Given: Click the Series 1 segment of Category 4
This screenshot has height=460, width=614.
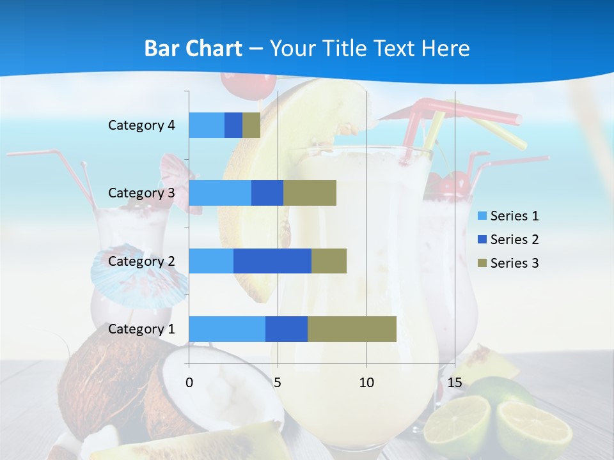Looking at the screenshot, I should click(x=207, y=125).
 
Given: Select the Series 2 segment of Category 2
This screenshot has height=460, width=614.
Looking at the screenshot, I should click(x=272, y=261).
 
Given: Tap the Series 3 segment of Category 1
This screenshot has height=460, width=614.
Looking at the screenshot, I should click(x=352, y=328).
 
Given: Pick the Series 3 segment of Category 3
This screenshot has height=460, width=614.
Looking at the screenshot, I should click(x=310, y=193).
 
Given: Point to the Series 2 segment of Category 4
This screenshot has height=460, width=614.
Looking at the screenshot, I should click(x=233, y=125).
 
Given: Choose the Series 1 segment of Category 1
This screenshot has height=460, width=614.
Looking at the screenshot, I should click(x=227, y=328).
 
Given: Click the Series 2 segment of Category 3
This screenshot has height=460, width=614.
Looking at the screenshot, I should click(x=267, y=193).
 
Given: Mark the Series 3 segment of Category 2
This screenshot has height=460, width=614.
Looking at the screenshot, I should click(x=329, y=261).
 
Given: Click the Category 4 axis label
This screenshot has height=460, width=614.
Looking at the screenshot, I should click(x=141, y=125).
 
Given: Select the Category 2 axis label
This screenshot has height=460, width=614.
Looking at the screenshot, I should click(x=141, y=261).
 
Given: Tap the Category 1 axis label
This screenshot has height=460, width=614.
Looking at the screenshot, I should click(x=141, y=329).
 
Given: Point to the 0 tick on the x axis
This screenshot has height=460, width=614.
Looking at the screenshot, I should click(x=189, y=383).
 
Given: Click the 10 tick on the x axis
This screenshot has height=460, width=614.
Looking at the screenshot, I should click(x=366, y=383).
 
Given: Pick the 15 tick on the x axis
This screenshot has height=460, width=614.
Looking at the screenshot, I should click(x=455, y=383).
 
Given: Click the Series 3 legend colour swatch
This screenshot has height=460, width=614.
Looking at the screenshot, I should click(x=482, y=263).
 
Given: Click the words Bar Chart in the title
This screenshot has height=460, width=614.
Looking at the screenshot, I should click(x=193, y=49).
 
